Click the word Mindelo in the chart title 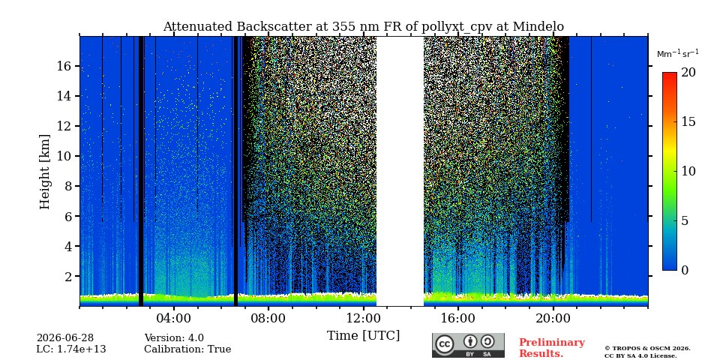538,27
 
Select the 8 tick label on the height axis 68,186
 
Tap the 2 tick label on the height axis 68,276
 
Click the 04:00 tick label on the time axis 173,318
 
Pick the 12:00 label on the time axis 363,318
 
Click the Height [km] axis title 44,172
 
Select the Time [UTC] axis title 363,336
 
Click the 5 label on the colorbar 685,220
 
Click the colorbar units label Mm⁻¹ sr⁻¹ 678,54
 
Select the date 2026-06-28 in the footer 65,338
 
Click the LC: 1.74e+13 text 71,349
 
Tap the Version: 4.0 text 174,338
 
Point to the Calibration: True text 187,349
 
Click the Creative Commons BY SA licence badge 468,345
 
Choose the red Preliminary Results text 552,348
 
